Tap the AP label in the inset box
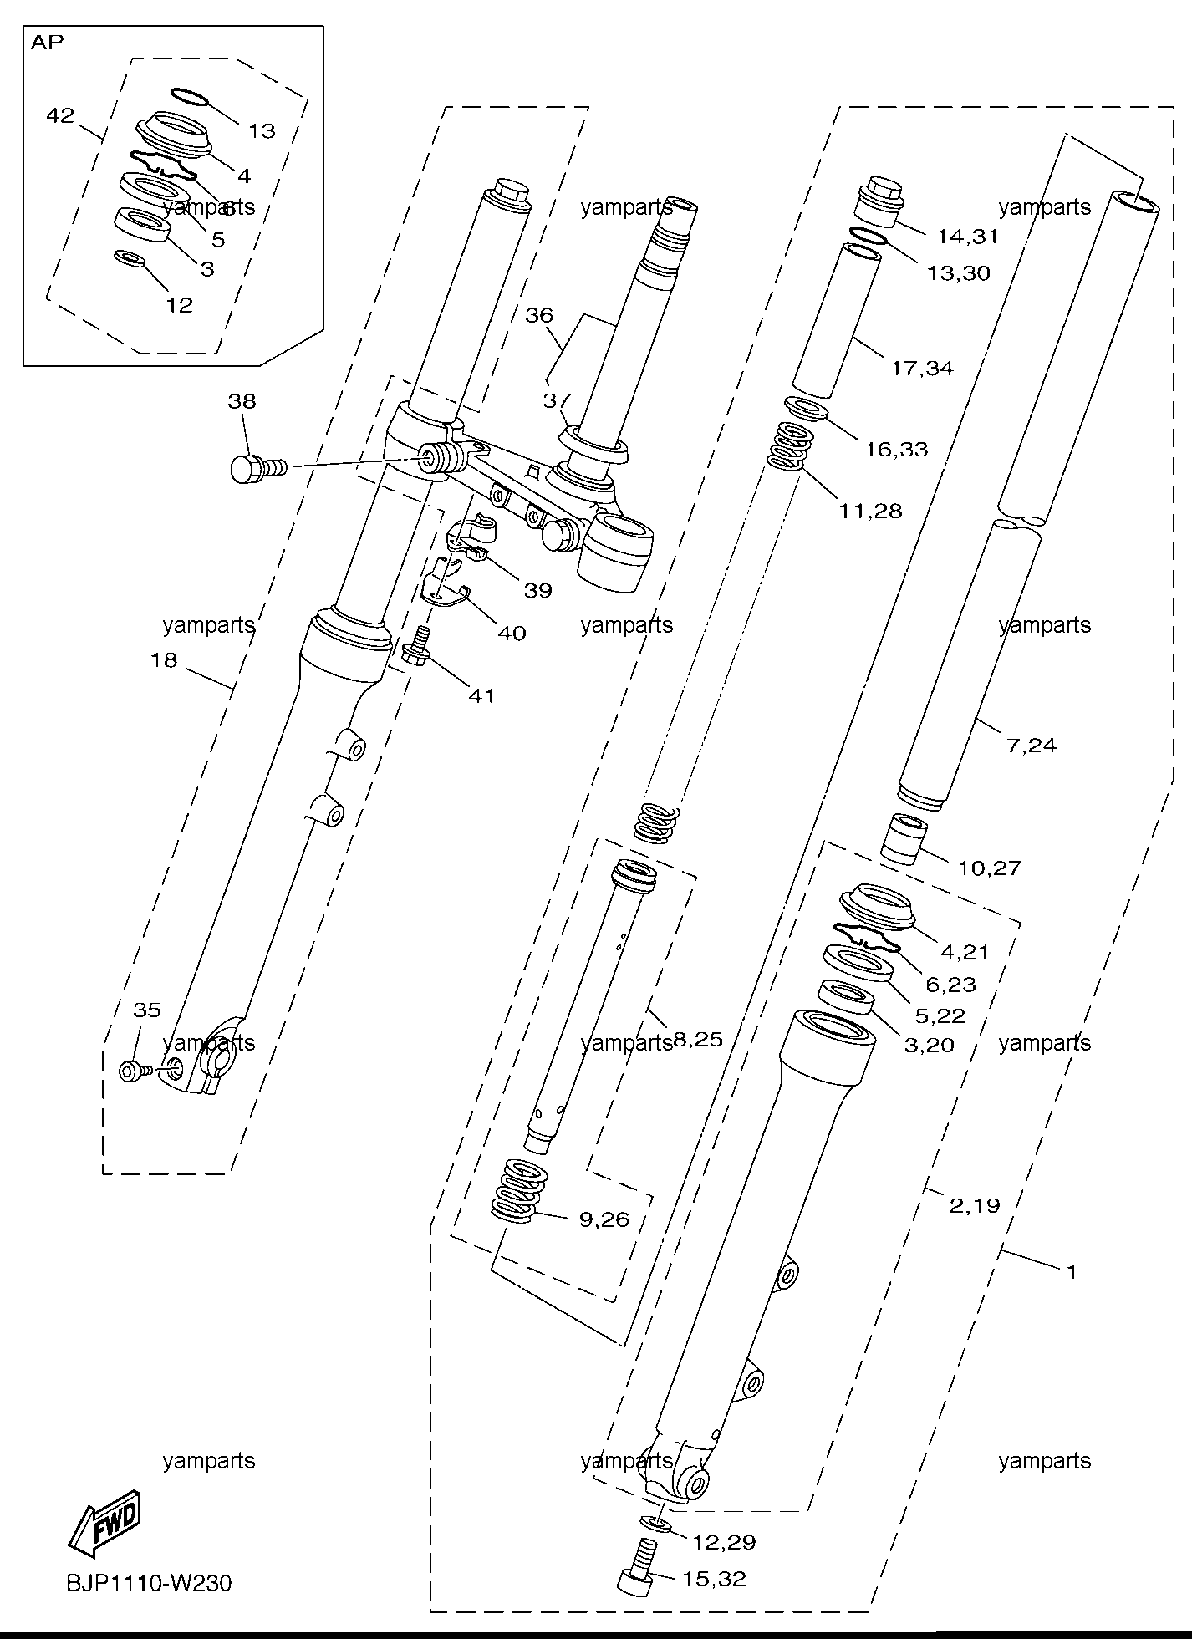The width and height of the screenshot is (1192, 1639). [48, 43]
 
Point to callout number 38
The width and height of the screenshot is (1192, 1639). [242, 401]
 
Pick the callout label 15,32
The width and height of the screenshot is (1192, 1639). [715, 1579]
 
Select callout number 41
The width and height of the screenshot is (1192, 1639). [482, 695]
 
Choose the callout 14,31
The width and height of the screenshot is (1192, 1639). [967, 237]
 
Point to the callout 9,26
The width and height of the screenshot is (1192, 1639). [604, 1219]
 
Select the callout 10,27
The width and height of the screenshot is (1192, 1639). [990, 868]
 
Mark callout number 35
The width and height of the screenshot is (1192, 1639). [147, 1010]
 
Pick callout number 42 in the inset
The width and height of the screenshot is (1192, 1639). [60, 115]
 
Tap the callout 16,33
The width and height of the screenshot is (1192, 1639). [896, 450]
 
